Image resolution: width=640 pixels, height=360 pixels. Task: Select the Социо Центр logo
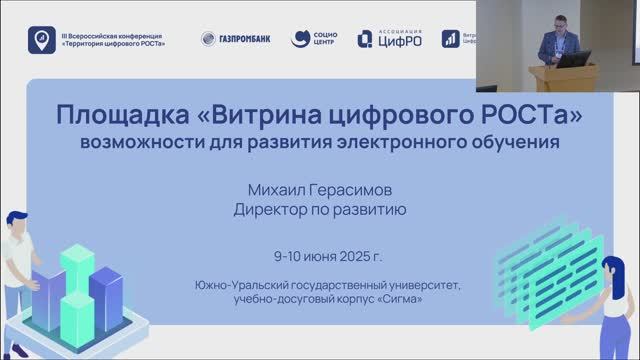point(314,39)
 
